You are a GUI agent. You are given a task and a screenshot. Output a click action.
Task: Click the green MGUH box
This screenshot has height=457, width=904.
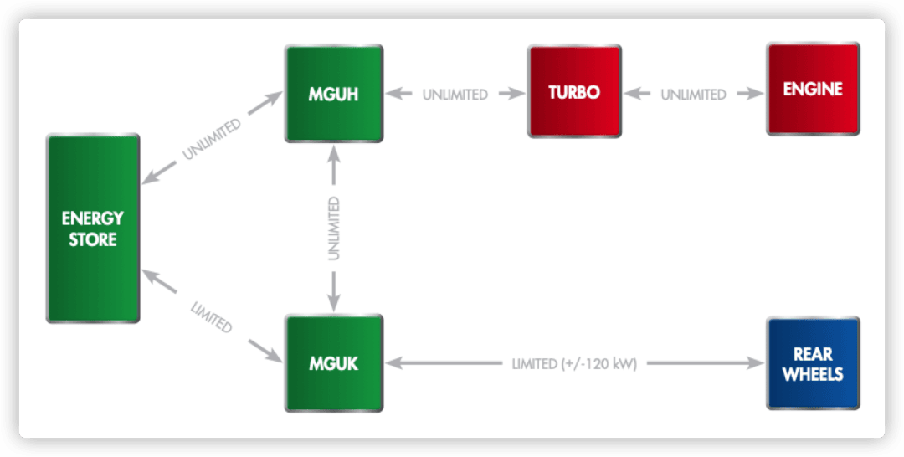click(334, 94)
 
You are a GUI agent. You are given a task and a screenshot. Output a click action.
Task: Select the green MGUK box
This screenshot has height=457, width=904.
click(334, 363)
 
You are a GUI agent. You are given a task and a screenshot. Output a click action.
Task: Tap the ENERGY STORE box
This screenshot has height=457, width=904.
click(93, 228)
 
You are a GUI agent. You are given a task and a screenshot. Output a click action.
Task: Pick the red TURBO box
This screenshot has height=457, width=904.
click(574, 91)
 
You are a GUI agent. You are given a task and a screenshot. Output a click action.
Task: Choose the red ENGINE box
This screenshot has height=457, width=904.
click(813, 89)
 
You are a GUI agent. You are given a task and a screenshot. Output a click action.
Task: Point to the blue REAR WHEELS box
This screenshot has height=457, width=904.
click(813, 363)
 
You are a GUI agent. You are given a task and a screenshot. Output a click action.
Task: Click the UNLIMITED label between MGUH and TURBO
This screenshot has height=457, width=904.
click(455, 95)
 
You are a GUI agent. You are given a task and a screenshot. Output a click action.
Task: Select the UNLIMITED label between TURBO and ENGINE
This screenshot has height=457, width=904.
click(694, 95)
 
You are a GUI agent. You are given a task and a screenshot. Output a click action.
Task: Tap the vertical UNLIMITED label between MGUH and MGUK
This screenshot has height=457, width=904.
click(333, 228)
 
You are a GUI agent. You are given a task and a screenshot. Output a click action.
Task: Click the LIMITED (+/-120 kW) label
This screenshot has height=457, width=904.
click(574, 364)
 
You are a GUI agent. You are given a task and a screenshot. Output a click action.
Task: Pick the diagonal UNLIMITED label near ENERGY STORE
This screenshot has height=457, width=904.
click(212, 139)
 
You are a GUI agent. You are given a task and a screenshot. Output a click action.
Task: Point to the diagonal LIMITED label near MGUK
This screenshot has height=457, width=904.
click(212, 316)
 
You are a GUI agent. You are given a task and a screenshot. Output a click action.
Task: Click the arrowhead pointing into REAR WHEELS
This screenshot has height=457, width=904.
click(757, 363)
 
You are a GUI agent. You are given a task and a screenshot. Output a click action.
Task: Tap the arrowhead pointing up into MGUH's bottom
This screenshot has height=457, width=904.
click(333, 152)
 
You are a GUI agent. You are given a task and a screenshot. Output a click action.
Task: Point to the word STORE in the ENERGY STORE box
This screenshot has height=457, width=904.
click(93, 239)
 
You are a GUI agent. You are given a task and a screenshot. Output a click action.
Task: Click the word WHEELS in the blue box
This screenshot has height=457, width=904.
click(813, 374)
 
